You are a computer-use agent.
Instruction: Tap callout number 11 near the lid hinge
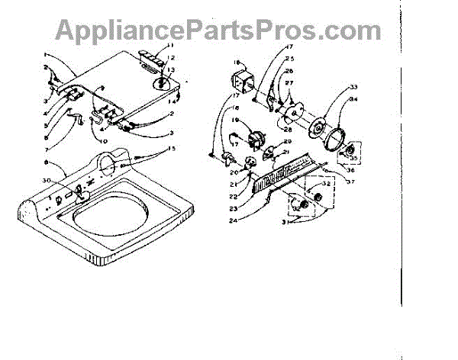tap(169, 47)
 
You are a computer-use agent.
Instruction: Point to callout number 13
tap(169, 69)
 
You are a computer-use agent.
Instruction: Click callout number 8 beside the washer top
tap(48, 164)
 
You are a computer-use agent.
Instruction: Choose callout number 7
tap(47, 149)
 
